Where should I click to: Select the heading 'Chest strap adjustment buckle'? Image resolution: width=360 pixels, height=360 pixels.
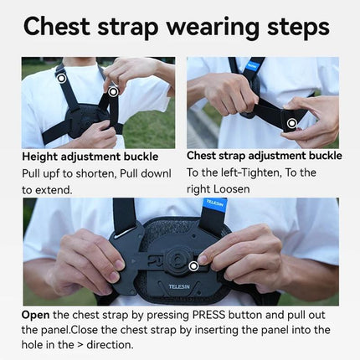click(264, 156)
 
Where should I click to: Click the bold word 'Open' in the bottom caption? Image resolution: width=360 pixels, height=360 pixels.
click(37, 316)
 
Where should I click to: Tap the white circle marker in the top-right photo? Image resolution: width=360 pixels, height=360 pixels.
click(292, 124)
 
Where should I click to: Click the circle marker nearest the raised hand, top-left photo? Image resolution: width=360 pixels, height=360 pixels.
click(113, 90)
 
